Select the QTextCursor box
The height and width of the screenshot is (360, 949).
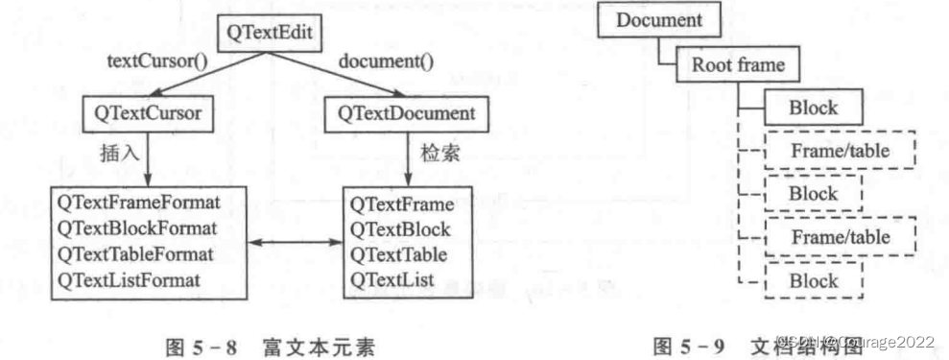click(x=147, y=113)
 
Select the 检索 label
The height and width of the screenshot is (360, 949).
click(x=437, y=152)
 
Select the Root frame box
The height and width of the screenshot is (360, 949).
click(x=730, y=65)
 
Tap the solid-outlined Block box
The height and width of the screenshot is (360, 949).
click(x=814, y=108)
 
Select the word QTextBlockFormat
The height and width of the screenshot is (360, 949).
click(x=137, y=228)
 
